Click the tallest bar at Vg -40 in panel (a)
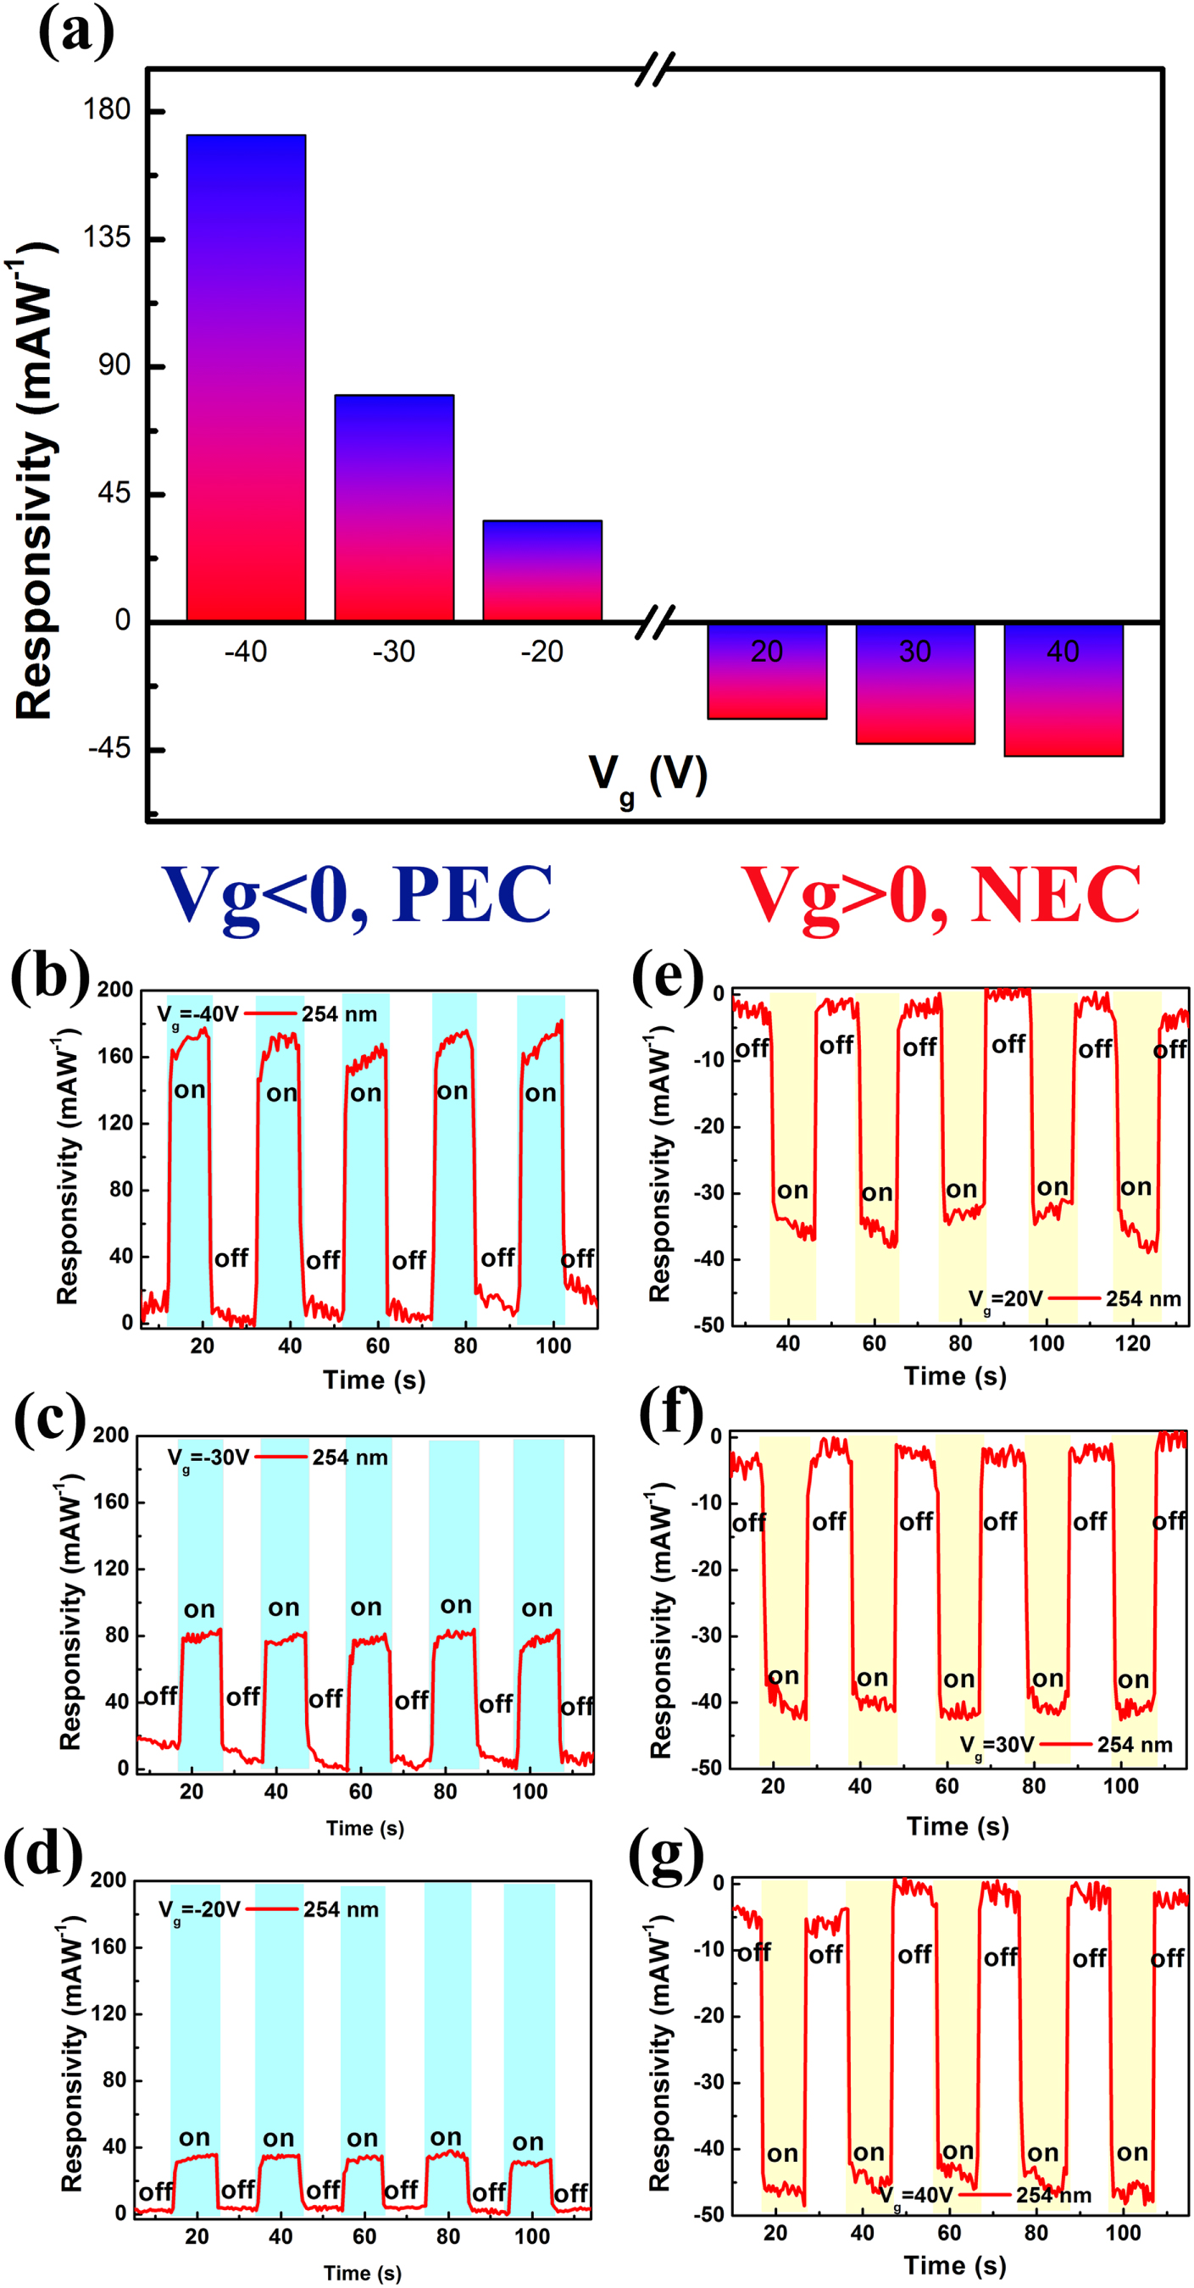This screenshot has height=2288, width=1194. (x=246, y=377)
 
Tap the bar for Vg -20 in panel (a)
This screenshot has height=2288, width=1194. (x=542, y=570)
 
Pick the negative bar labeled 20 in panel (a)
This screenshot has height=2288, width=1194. (x=767, y=671)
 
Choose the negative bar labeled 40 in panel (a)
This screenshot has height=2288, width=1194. (x=1063, y=690)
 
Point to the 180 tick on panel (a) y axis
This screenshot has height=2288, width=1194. (x=107, y=110)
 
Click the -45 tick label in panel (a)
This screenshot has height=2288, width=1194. (x=109, y=749)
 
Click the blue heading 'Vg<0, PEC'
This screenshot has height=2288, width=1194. (x=357, y=896)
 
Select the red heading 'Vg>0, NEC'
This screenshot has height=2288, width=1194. (x=940, y=896)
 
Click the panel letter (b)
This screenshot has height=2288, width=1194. (x=50, y=975)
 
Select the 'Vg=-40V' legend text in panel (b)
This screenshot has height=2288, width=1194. (x=197, y=1014)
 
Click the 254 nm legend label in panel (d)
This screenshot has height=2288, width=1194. (x=342, y=1909)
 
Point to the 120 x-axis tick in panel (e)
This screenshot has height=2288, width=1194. (x=1132, y=1343)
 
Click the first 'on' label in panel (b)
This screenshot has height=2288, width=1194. (x=189, y=1090)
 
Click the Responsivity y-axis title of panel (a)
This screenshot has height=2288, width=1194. (x=36, y=480)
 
